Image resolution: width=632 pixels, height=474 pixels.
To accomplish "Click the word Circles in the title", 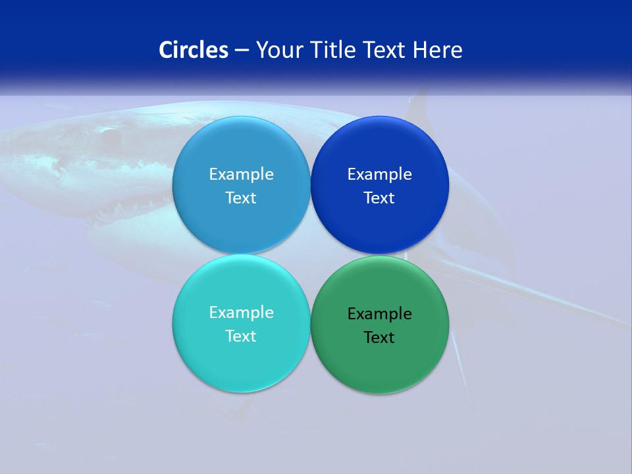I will (x=194, y=50).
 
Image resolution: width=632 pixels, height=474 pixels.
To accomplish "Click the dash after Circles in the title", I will (x=241, y=51).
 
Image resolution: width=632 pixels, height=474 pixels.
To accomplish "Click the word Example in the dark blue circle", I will (x=379, y=174).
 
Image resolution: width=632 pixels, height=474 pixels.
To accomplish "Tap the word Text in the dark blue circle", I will (x=379, y=198).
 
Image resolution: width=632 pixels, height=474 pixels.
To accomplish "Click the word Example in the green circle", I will (x=379, y=314).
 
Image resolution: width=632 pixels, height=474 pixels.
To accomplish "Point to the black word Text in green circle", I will (x=379, y=338).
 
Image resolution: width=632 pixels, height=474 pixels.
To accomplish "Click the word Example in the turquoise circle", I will (x=241, y=313).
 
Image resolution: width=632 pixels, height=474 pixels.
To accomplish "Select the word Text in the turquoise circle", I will (x=241, y=336).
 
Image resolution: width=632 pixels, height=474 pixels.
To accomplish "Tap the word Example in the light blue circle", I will (x=241, y=174).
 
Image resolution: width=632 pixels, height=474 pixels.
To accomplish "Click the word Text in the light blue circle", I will (x=241, y=198).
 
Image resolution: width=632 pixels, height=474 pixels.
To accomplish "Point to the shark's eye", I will (x=109, y=136).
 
